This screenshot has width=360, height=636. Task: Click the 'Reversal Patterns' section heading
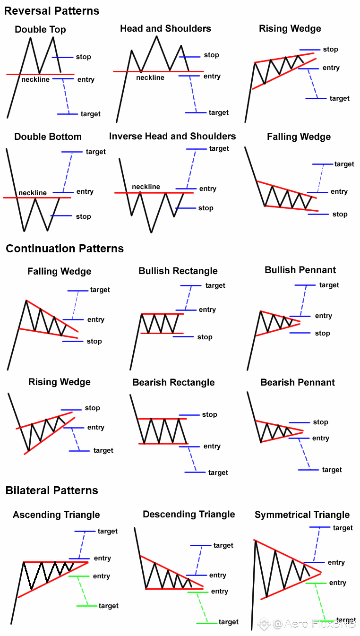click(x=51, y=11)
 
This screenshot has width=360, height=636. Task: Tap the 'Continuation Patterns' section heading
click(x=65, y=249)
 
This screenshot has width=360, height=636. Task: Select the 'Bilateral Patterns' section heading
click(x=52, y=490)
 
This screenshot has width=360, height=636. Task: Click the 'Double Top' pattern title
click(x=40, y=29)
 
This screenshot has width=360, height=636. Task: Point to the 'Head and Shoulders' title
click(x=165, y=28)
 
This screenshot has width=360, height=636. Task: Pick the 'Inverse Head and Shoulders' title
click(x=172, y=136)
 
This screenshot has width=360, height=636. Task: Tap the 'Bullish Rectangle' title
click(x=178, y=271)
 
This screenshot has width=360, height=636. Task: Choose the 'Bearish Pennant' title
click(x=298, y=382)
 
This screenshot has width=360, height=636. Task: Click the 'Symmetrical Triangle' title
click(x=302, y=515)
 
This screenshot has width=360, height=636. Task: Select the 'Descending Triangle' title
click(x=189, y=514)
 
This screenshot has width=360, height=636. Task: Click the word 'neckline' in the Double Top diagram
click(x=35, y=79)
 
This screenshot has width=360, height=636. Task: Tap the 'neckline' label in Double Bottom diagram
click(x=33, y=193)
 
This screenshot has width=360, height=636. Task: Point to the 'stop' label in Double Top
click(x=83, y=57)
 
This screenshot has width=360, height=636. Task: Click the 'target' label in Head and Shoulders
click(x=219, y=112)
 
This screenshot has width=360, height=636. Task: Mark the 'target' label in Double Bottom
click(x=96, y=152)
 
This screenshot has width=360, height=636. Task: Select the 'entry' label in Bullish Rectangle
click(x=207, y=309)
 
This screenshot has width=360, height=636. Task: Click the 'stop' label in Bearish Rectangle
click(x=209, y=414)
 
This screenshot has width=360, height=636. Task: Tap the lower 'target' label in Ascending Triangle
click(x=109, y=606)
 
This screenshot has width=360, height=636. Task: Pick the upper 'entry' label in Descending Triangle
click(x=218, y=575)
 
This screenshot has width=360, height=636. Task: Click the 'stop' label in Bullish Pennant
click(x=322, y=333)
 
